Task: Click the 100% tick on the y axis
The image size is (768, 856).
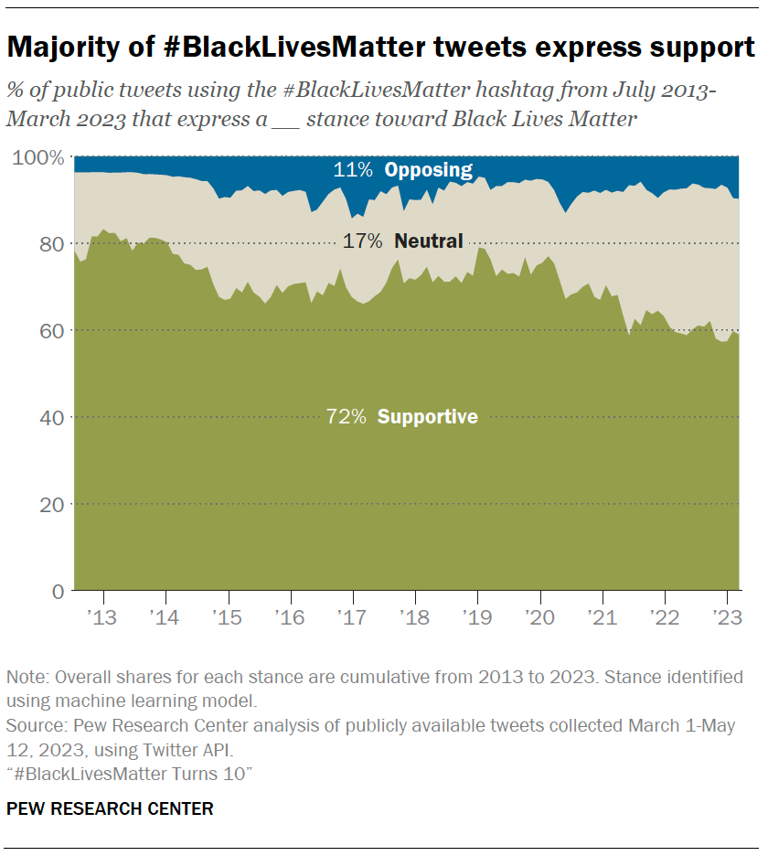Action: pos(38,157)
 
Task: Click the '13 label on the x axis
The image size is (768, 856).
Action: pos(103,616)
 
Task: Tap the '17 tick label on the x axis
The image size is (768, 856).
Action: pos(352,616)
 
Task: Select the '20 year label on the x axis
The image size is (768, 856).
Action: pos(539,616)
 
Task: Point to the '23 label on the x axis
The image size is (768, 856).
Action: pos(725,616)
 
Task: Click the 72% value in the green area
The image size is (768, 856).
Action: pos(346,417)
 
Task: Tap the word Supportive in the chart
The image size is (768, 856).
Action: pos(427,417)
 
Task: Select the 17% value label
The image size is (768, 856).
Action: pos(362,241)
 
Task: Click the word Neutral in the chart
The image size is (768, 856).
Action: pos(428,241)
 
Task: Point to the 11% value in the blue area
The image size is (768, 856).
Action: pos(353,169)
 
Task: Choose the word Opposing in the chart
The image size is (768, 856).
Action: pos(428,169)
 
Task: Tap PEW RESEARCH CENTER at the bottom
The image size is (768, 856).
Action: pos(110,808)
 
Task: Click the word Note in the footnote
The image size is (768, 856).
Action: pos(27,678)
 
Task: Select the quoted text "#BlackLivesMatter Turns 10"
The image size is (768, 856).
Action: pos(129,775)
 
